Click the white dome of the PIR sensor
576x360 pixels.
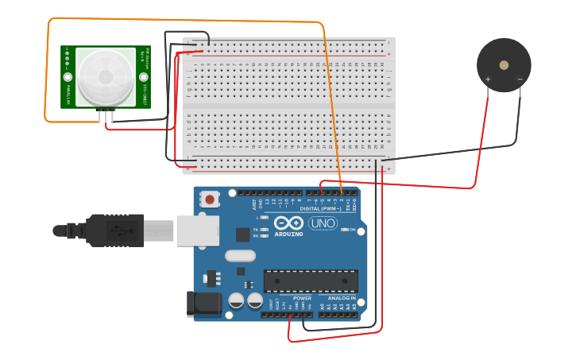(x=106, y=76)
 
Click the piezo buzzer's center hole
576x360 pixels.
(x=504, y=65)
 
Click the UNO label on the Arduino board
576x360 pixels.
(x=323, y=223)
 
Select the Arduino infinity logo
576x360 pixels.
(x=289, y=223)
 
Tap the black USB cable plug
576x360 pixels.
(x=115, y=230)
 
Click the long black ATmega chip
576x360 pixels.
(x=311, y=281)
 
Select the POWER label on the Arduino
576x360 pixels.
(x=302, y=298)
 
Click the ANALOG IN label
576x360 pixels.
(x=342, y=298)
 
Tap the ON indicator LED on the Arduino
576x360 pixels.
(x=346, y=230)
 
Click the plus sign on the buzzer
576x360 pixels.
(x=487, y=79)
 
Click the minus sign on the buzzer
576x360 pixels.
(x=520, y=79)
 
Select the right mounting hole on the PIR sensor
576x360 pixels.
(x=144, y=77)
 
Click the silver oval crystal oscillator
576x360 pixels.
(x=240, y=256)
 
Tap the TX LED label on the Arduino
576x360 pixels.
(x=256, y=229)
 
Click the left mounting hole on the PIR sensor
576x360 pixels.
(x=68, y=77)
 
